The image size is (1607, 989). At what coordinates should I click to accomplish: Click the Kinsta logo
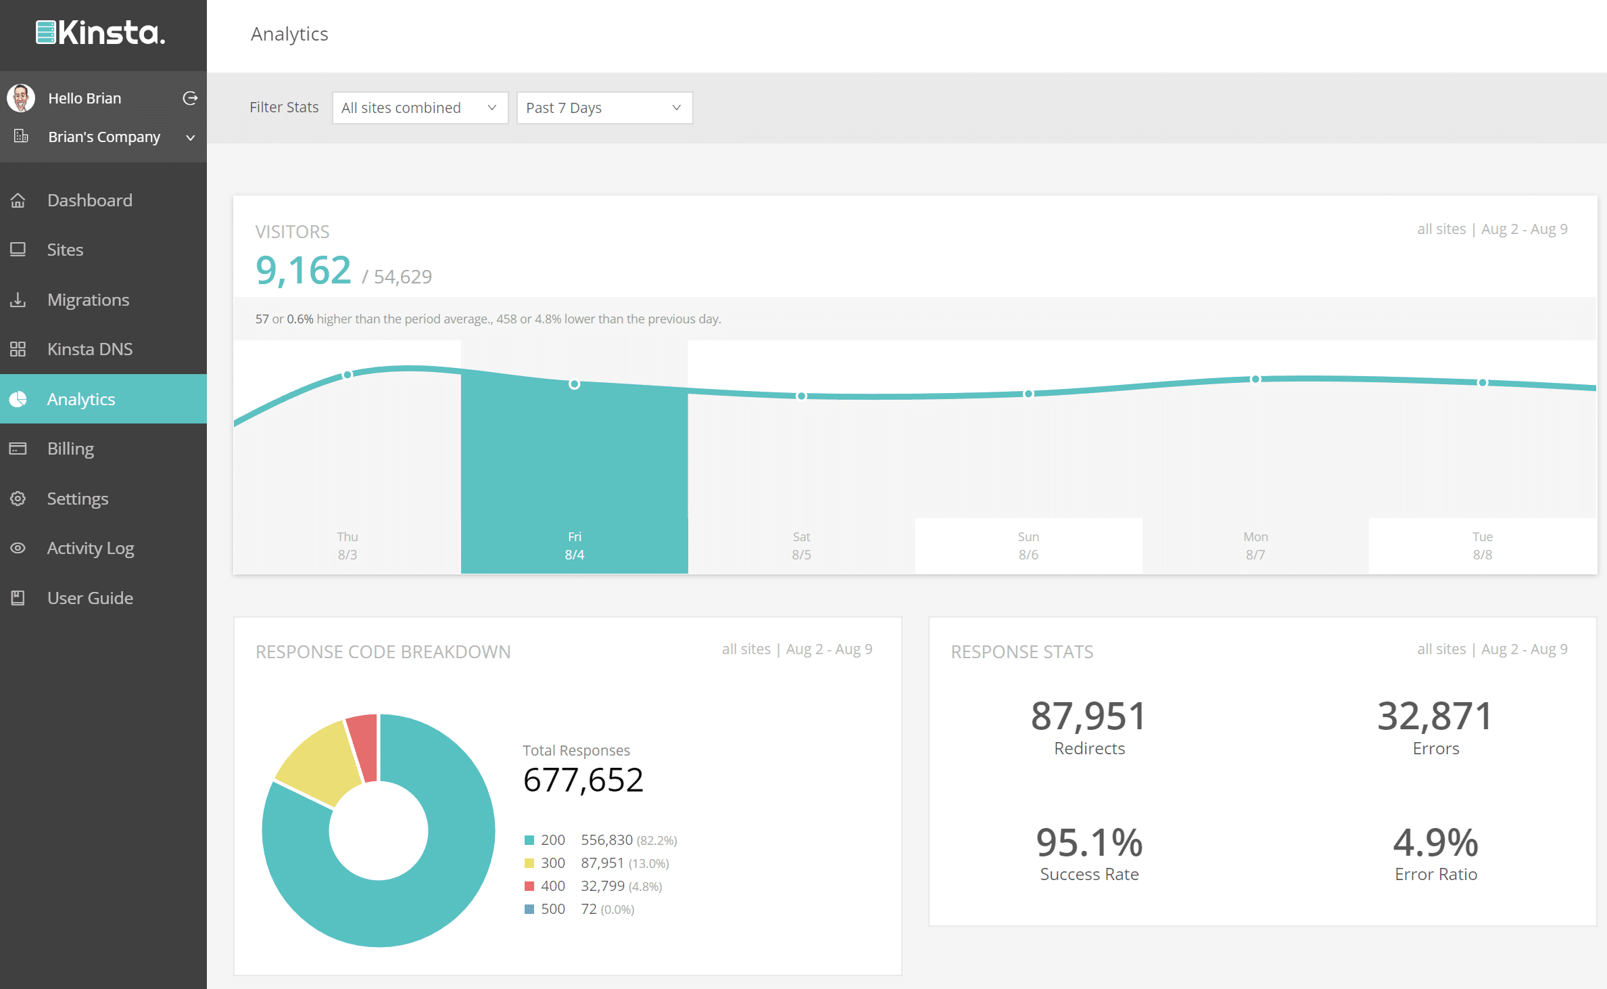pos(100,32)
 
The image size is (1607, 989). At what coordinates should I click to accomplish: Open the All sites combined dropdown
pos(419,108)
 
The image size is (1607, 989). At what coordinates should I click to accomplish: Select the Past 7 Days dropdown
pos(604,108)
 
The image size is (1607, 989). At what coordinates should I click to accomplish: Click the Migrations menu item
pos(88,300)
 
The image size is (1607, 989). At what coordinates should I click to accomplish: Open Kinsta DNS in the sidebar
pos(89,349)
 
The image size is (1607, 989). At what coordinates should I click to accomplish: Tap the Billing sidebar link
pos(70,448)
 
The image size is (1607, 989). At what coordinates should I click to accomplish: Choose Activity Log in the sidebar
pos(90,548)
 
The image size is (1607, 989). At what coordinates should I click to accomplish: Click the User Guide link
pos(90,598)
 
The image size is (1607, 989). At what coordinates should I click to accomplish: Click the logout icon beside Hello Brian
pos(190,98)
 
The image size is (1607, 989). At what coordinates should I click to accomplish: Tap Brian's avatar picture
pos(21,98)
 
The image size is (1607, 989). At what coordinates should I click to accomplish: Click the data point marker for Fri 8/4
pos(574,384)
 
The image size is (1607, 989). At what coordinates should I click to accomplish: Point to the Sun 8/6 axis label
pos(1028,545)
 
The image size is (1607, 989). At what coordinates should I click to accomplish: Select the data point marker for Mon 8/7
pos(1255,379)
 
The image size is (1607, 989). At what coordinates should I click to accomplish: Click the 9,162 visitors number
pos(303,271)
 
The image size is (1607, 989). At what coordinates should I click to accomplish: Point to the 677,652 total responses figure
pos(583,780)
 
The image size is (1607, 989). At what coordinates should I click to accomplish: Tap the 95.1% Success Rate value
pos(1088,843)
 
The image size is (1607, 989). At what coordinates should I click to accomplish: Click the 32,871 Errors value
pos(1435,716)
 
